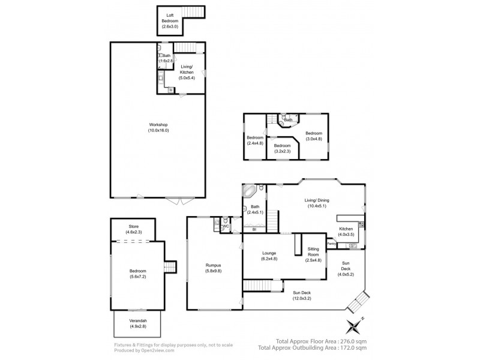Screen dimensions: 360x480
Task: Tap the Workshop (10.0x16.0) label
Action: pos(158,127)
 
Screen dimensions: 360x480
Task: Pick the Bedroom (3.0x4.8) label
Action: pos(313,136)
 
